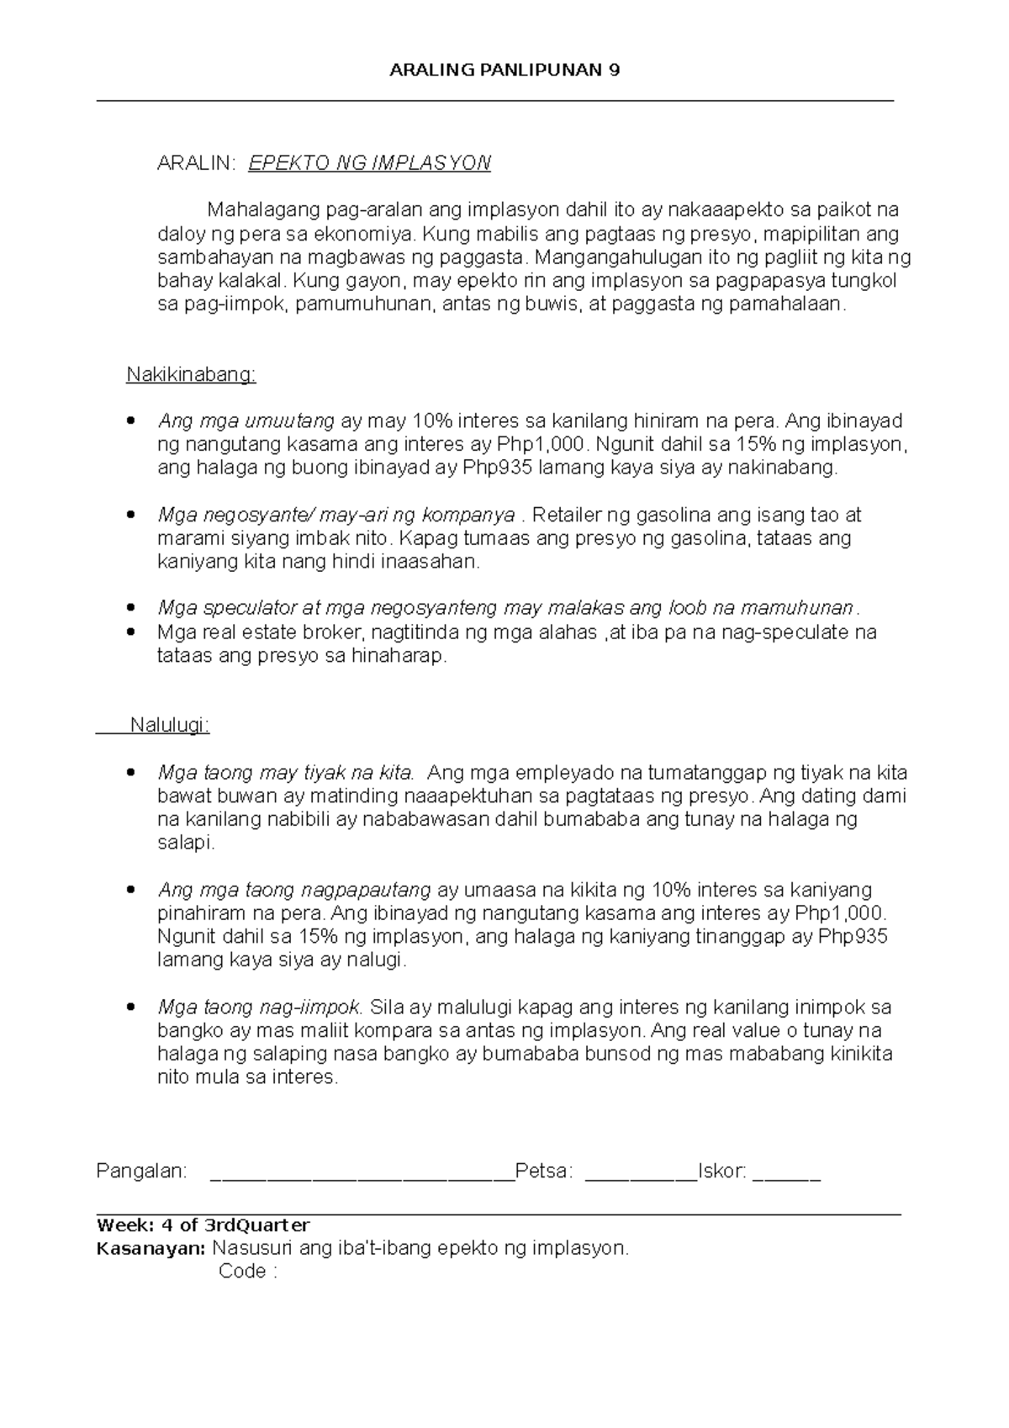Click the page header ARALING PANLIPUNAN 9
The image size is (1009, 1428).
pos(504,71)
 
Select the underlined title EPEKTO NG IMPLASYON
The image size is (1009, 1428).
pos(369,163)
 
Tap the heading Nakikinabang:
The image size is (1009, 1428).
pos(191,374)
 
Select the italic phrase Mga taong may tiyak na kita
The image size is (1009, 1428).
pos(286,772)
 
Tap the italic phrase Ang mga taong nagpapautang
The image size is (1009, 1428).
pos(294,890)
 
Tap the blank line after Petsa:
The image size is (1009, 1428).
pos(641,1175)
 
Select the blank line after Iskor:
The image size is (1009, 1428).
pos(787,1175)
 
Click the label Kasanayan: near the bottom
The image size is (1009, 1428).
pos(151,1248)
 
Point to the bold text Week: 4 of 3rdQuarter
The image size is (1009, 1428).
pos(203,1224)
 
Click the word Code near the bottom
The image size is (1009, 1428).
pos(242,1272)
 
